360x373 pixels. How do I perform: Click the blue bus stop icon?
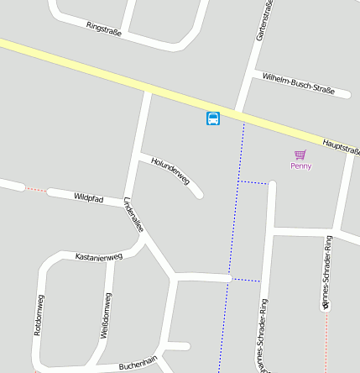click(x=213, y=118)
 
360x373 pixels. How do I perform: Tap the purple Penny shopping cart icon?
click(x=300, y=155)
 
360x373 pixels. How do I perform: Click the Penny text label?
click(x=300, y=166)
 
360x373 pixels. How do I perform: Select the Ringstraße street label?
click(x=104, y=29)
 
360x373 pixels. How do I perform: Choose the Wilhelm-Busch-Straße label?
click(x=299, y=82)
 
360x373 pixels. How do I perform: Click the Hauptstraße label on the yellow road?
click(x=341, y=145)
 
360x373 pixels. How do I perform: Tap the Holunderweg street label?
click(x=170, y=170)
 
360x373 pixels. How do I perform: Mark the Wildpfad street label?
click(x=88, y=198)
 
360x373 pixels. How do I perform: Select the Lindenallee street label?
click(x=133, y=215)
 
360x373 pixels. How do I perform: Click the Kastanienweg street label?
click(x=99, y=256)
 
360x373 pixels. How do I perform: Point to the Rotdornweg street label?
click(x=39, y=315)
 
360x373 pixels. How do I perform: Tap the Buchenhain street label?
click(x=138, y=363)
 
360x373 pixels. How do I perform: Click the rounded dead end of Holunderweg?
click(x=199, y=195)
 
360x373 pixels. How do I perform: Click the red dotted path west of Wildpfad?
click(x=35, y=189)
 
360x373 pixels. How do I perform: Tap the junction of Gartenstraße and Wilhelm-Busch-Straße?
click(x=253, y=71)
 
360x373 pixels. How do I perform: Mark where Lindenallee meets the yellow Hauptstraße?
click(x=148, y=86)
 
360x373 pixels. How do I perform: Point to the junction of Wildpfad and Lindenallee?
click(x=128, y=204)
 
